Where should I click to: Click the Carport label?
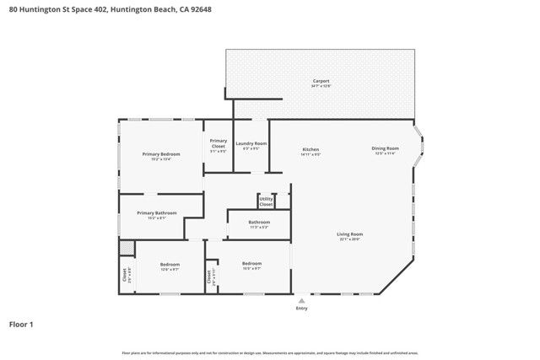click(x=321, y=81)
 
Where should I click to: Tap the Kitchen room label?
click(x=310, y=149)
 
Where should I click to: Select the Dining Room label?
click(x=385, y=148)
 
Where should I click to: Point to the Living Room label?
click(x=350, y=234)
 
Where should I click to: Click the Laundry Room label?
click(x=251, y=144)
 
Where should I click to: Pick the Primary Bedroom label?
click(x=161, y=153)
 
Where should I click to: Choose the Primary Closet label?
click(x=218, y=143)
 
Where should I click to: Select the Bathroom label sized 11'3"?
click(x=259, y=222)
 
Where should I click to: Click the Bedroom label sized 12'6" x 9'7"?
click(x=170, y=264)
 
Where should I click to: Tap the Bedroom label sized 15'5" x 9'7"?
click(x=251, y=263)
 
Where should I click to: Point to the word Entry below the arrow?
click(x=301, y=309)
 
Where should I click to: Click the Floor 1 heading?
click(x=21, y=324)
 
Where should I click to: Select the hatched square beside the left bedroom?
click(x=127, y=249)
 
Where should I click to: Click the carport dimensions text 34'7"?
click(x=321, y=86)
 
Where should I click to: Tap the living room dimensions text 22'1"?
click(x=350, y=239)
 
